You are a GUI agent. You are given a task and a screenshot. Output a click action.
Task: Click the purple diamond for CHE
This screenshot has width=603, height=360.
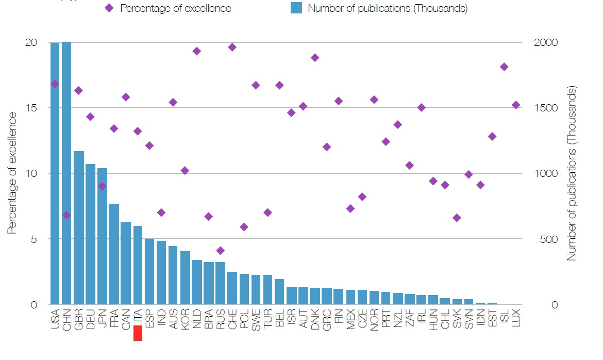pyautogui.click(x=232, y=47)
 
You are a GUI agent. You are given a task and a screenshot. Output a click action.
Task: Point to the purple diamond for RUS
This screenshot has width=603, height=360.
pyautogui.click(x=221, y=251)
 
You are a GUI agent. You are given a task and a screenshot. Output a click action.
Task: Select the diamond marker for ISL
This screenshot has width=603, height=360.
pyautogui.click(x=504, y=67)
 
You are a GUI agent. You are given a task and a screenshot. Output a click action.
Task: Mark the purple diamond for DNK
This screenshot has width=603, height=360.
pyautogui.click(x=315, y=58)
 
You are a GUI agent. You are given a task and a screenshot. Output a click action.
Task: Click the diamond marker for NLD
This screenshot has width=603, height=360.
pyautogui.click(x=196, y=51)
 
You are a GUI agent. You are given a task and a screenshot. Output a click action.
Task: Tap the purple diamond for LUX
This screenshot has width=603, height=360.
pyautogui.click(x=516, y=105)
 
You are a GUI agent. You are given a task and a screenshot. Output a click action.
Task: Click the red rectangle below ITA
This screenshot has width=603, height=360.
pyautogui.click(x=138, y=334)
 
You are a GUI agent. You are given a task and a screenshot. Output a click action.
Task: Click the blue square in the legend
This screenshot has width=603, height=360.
pyautogui.click(x=295, y=9)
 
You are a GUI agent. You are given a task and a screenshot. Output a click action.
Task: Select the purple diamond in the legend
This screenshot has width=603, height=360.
pyautogui.click(x=109, y=8)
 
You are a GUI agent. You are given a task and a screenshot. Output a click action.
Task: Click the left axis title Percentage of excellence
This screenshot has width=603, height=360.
pyautogui.click(x=12, y=173)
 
